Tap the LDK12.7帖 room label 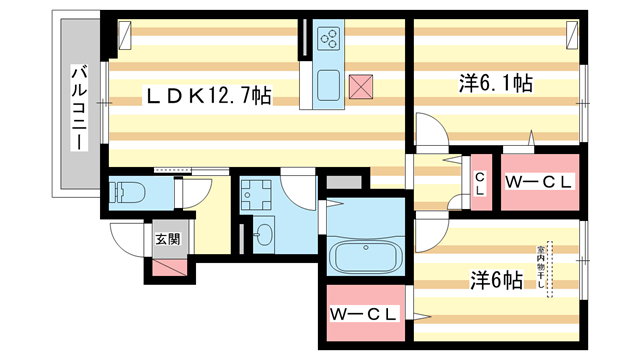(x=209, y=96)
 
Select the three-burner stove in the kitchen (x=328, y=39)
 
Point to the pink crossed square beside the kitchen (x=360, y=87)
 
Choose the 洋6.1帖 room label (x=494, y=86)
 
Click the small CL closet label (x=480, y=185)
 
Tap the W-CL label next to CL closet (x=539, y=182)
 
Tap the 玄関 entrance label (x=167, y=239)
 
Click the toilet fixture (x=129, y=190)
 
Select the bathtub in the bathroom (x=366, y=257)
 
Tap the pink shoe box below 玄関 (x=169, y=264)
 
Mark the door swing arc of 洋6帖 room (x=427, y=232)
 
